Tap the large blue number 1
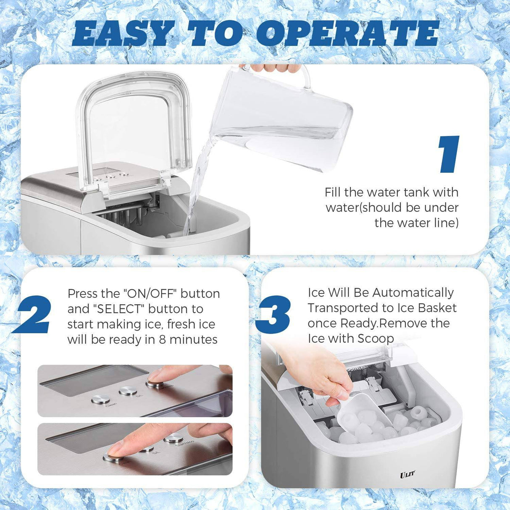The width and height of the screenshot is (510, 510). tap(449, 154)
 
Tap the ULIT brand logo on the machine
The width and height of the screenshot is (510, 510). tap(407, 474)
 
